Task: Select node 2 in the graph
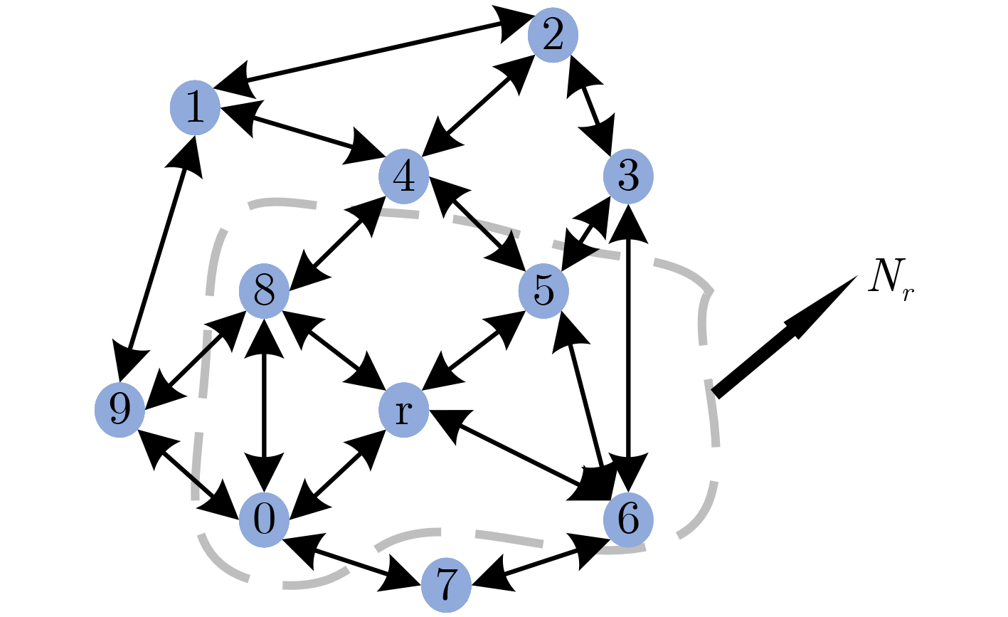[x=553, y=36]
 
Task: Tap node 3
[x=628, y=177]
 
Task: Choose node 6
[x=628, y=520]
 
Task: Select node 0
[x=264, y=520]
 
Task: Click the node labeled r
[x=403, y=412]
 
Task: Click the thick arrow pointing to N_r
[x=782, y=337]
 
